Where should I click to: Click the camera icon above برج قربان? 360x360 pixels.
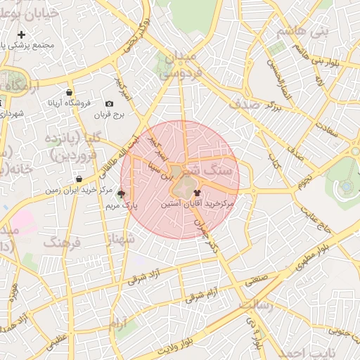pos(109,104)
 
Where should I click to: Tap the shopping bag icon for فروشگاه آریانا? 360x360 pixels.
pos(69,92)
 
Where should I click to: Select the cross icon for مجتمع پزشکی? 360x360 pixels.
pos(22,34)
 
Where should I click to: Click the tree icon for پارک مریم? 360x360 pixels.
pos(122,194)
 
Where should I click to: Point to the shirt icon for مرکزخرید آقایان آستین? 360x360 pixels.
pos(195,191)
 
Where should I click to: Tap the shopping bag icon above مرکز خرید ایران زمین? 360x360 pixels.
pos(78,179)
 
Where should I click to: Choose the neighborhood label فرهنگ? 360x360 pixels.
pos(63,242)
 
